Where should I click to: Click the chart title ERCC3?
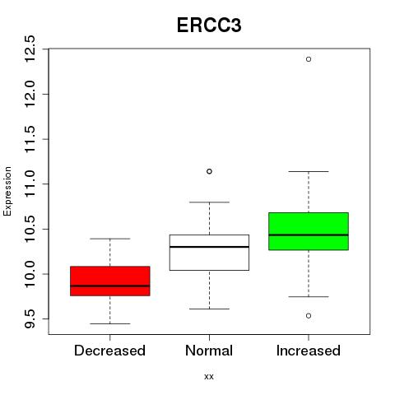(x=209, y=26)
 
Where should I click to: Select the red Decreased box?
(x=110, y=281)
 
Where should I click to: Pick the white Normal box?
(x=209, y=253)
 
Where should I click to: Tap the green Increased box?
(x=309, y=231)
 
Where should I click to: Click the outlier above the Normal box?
(x=209, y=171)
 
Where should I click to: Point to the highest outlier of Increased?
(x=309, y=59)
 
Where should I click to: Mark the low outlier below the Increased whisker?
(x=309, y=316)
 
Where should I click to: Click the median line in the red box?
(x=110, y=286)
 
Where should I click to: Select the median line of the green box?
(x=309, y=235)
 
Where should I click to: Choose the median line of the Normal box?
(x=209, y=247)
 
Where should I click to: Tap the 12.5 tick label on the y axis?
(x=30, y=49)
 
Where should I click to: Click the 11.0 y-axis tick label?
(x=30, y=184)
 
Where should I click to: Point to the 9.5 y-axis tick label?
(x=30, y=318)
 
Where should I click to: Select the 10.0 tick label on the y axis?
(x=30, y=274)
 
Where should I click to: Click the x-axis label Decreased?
(x=109, y=351)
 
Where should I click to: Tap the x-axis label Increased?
(x=309, y=351)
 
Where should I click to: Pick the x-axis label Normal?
(x=209, y=351)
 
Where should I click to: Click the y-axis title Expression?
(x=7, y=191)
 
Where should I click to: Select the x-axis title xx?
(x=209, y=377)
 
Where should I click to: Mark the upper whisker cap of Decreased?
(x=110, y=239)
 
